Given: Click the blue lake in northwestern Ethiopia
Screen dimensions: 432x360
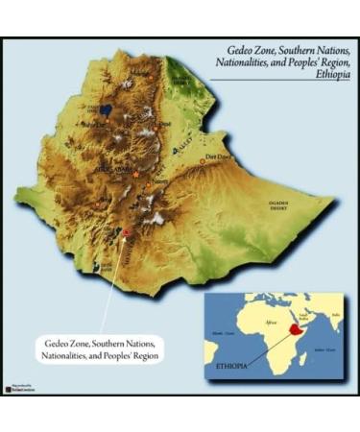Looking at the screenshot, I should click(105, 110).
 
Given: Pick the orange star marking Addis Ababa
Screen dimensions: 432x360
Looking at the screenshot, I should click(136, 175).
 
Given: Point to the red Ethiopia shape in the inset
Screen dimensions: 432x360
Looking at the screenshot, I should click(287, 330).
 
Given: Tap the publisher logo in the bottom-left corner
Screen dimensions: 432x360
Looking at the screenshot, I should click(20, 388).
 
